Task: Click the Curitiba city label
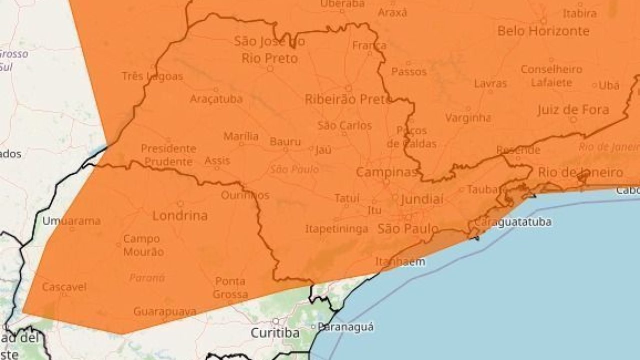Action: [x=275, y=333]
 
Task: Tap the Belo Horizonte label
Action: [x=543, y=31]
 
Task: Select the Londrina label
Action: [x=179, y=216]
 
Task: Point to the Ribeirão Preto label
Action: [x=348, y=99]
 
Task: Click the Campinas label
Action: [x=386, y=173]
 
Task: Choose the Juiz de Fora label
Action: [x=573, y=110]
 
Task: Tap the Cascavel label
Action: [x=64, y=287]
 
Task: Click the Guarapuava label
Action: [x=164, y=311]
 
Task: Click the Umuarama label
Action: [x=71, y=220]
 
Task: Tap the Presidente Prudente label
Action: [x=167, y=155]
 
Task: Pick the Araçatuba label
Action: [x=216, y=99]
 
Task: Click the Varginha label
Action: [x=468, y=118]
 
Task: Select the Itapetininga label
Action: [x=336, y=229]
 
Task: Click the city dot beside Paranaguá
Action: [x=313, y=327]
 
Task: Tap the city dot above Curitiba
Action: [x=275, y=321]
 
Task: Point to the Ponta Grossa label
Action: [x=230, y=288]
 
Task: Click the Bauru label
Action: [x=285, y=142]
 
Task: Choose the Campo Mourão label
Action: [x=143, y=245]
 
